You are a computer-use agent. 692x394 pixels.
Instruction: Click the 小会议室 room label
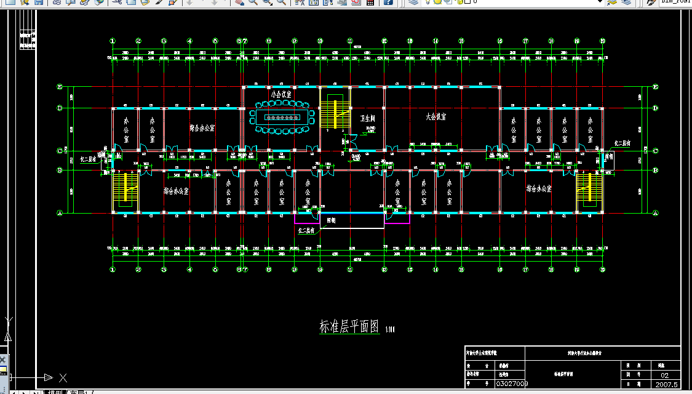coord(282,95)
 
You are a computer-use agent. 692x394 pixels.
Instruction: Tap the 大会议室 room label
coord(436,116)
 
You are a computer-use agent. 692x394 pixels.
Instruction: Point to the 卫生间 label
coord(368,118)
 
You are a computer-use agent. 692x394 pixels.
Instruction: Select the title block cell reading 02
coord(664,375)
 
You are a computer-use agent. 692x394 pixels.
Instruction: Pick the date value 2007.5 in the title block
coord(666,384)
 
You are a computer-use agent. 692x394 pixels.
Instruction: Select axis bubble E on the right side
coord(656,87)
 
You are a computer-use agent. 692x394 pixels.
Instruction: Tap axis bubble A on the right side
coord(656,213)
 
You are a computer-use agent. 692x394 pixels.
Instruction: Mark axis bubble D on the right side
coord(656,108)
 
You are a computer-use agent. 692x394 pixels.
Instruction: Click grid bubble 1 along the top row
coord(113,41)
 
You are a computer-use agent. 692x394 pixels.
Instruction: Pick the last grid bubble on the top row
coord(603,41)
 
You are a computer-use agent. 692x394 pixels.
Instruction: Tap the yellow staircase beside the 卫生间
coord(335,111)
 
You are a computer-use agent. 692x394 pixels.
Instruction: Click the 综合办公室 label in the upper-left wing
coord(202,129)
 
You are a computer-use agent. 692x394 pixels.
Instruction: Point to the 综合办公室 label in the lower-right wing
coord(539,189)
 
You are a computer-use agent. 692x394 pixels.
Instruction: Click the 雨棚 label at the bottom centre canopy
coord(331,219)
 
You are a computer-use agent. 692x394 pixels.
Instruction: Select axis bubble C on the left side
coord(60,150)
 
